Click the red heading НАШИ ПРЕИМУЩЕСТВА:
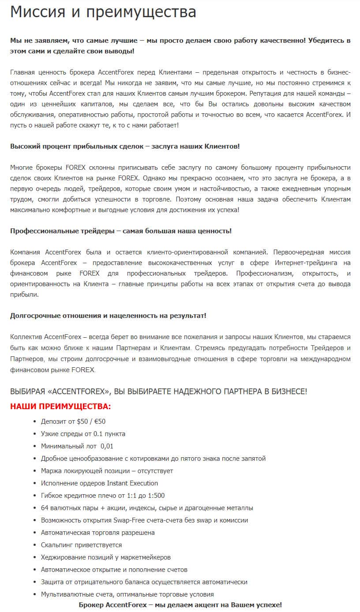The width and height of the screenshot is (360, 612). coord(60,406)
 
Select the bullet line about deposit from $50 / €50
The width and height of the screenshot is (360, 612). coord(73,421)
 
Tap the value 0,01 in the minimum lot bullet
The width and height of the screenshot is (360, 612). coord(107,446)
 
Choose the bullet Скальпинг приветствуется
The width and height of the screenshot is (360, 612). coord(81,545)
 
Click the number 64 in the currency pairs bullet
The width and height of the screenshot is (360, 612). coord(45,508)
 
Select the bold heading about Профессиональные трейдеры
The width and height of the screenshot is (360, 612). coord(120,231)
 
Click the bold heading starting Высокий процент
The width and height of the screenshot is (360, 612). coord(125,146)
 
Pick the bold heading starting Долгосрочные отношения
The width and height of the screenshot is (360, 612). coord(108,315)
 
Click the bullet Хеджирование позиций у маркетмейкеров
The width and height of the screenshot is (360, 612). coord(105,557)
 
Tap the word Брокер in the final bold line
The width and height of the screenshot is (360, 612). coord(91,605)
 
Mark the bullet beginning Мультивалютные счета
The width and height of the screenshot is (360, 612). coord(127,594)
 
